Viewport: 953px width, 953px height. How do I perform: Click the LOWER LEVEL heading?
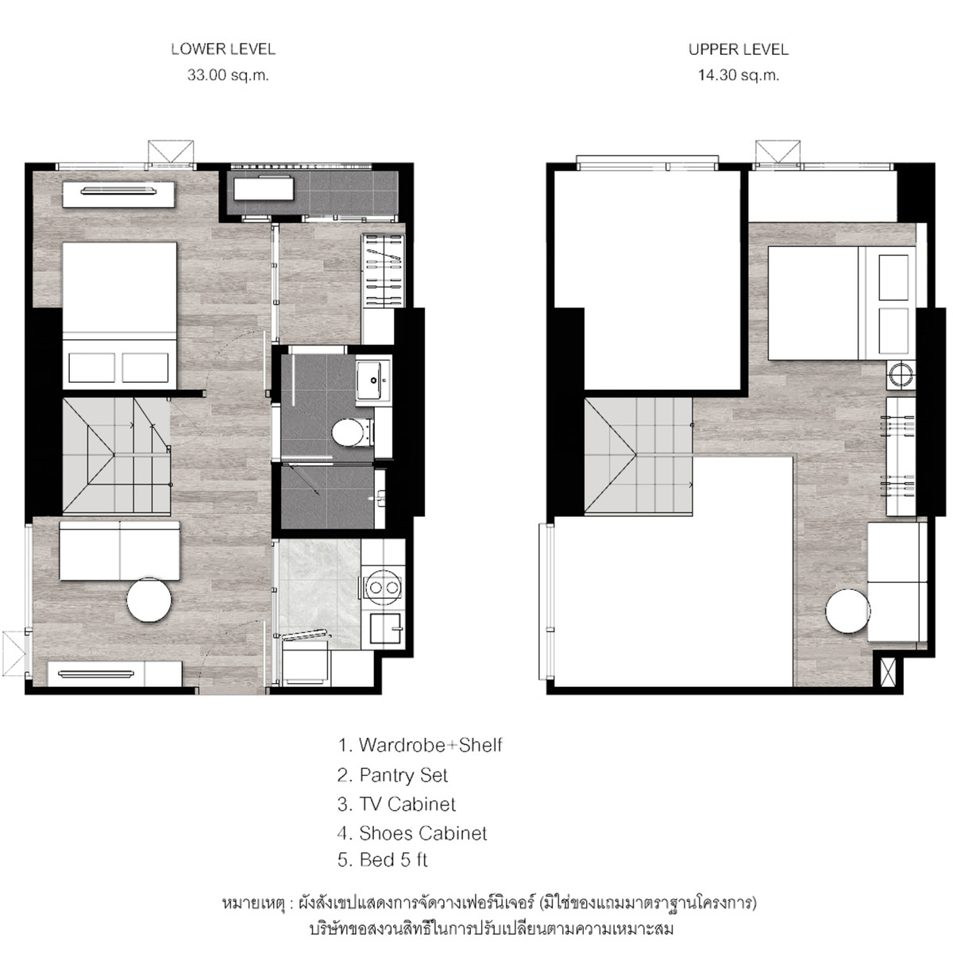point(223,49)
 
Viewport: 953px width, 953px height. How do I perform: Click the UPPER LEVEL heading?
point(739,49)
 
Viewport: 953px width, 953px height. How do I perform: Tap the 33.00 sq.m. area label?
point(228,75)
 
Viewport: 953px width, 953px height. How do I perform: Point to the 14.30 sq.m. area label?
point(739,75)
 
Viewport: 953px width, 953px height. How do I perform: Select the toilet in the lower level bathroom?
point(351,432)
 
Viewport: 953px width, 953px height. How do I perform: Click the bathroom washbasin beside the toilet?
point(373,380)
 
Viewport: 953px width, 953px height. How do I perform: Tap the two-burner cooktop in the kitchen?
point(384,588)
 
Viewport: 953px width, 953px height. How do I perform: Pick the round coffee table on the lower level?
point(149,600)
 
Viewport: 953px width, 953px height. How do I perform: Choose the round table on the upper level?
point(847,612)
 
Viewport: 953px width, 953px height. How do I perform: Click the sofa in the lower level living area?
point(120,550)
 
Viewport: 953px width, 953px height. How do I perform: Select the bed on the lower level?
point(119,315)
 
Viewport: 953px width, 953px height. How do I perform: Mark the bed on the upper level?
point(842,303)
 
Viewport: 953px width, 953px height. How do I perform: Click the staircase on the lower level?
point(117,456)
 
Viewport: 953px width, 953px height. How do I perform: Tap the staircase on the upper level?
point(639,456)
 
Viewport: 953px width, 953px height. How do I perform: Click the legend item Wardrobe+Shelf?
point(420,745)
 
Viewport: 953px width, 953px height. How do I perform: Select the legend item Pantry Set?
point(392,775)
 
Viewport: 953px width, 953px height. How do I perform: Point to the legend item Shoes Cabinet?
point(412,833)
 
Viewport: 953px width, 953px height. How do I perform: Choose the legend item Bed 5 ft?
point(382,860)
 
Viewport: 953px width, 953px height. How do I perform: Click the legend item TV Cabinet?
point(396,804)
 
